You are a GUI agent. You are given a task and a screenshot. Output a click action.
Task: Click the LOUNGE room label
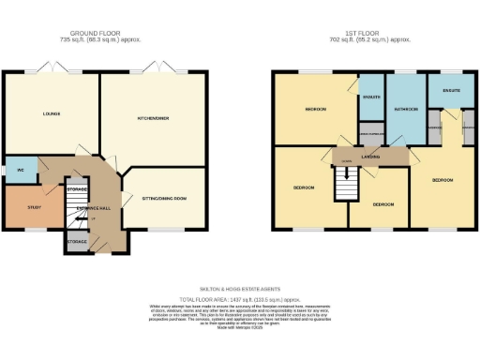[x=51, y=114]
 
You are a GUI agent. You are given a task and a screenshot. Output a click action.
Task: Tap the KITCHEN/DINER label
[x=151, y=119]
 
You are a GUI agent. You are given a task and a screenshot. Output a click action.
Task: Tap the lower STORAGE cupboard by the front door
[x=78, y=242]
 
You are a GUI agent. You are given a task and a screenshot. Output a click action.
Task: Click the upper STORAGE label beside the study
[x=77, y=189]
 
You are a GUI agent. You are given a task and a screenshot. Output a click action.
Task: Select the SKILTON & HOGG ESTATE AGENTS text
[x=240, y=289]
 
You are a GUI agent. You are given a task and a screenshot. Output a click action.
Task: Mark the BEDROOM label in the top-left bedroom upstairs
[x=315, y=110]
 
